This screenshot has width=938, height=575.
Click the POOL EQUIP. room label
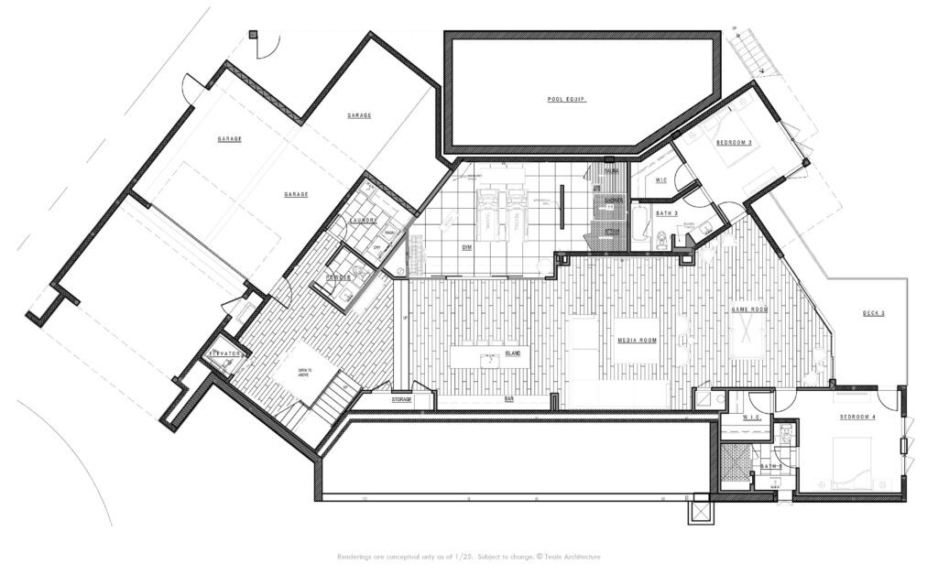pyautogui.click(x=566, y=99)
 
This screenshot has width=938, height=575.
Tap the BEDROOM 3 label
pyautogui.click(x=734, y=143)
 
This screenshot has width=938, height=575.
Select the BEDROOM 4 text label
pyautogui.click(x=858, y=418)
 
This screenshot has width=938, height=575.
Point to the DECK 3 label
pyautogui.click(x=873, y=313)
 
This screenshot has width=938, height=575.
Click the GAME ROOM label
pyautogui.click(x=747, y=310)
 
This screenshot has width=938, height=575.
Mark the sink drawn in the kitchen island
pyautogui.click(x=491, y=359)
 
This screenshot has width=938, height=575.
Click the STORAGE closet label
pyautogui.click(x=401, y=400)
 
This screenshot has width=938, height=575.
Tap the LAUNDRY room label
pyautogui.click(x=365, y=220)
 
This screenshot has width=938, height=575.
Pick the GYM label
pyautogui.click(x=466, y=247)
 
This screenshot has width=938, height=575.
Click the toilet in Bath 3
pyautogui.click(x=660, y=241)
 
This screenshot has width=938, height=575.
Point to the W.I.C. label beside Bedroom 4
pyautogui.click(x=753, y=418)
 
